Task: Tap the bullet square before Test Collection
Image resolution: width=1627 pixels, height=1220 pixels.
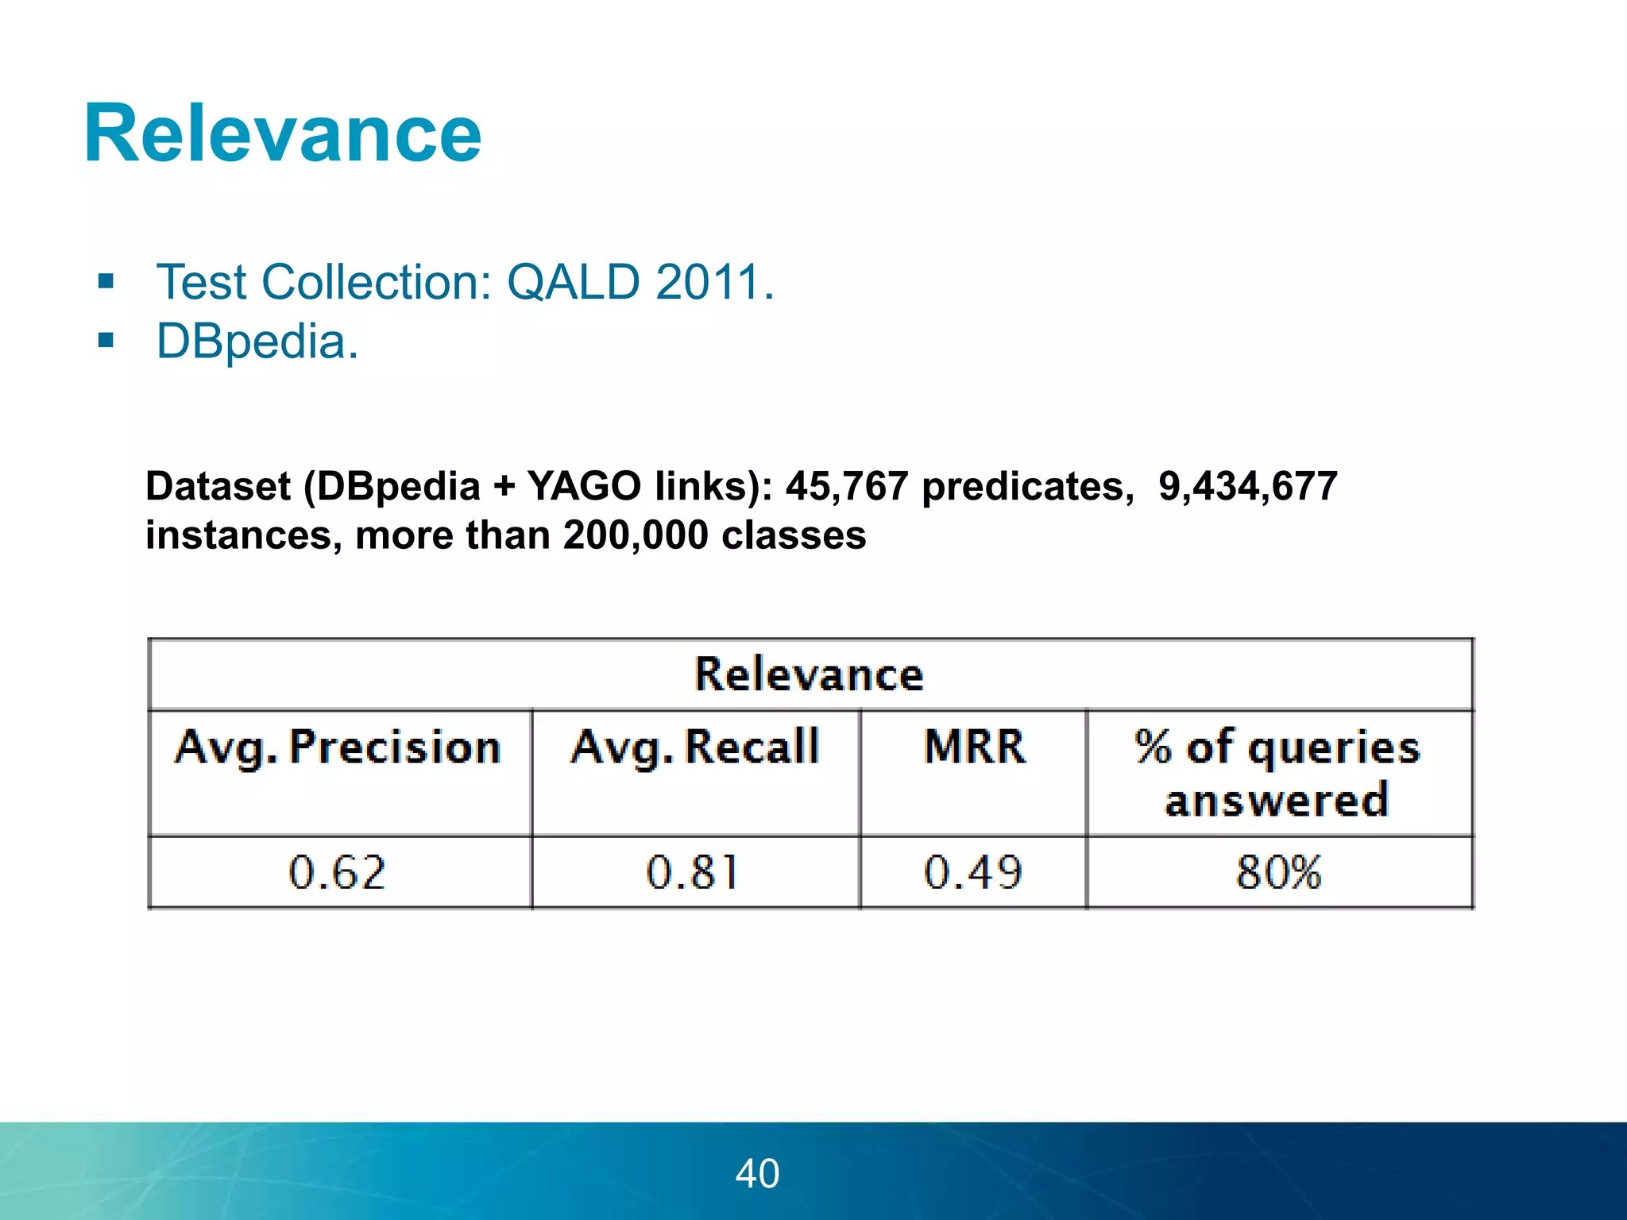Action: [x=106, y=281]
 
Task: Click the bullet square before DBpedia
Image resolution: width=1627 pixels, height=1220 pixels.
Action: [x=106, y=341]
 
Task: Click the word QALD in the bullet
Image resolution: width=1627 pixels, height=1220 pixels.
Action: [x=573, y=282]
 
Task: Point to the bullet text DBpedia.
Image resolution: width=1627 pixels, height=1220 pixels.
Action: [x=257, y=342]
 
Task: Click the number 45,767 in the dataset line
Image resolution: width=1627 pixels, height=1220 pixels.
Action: [x=846, y=486]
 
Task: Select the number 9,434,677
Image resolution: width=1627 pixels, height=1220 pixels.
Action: [x=1247, y=486]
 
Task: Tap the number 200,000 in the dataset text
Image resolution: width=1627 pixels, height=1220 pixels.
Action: [x=635, y=535]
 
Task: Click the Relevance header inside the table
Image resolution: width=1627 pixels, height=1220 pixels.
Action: [x=809, y=674]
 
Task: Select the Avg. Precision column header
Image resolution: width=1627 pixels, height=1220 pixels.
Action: [x=338, y=747]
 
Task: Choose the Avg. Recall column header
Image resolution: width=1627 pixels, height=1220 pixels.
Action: [x=694, y=747]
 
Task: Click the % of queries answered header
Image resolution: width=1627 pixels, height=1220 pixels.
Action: [x=1277, y=773]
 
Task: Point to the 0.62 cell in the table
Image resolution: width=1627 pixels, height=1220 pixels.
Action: [x=337, y=872]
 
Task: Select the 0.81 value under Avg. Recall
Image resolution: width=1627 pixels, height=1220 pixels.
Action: [x=693, y=872]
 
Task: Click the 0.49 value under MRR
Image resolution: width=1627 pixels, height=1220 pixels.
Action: [x=972, y=872]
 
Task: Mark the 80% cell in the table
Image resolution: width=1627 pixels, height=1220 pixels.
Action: [x=1278, y=872]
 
